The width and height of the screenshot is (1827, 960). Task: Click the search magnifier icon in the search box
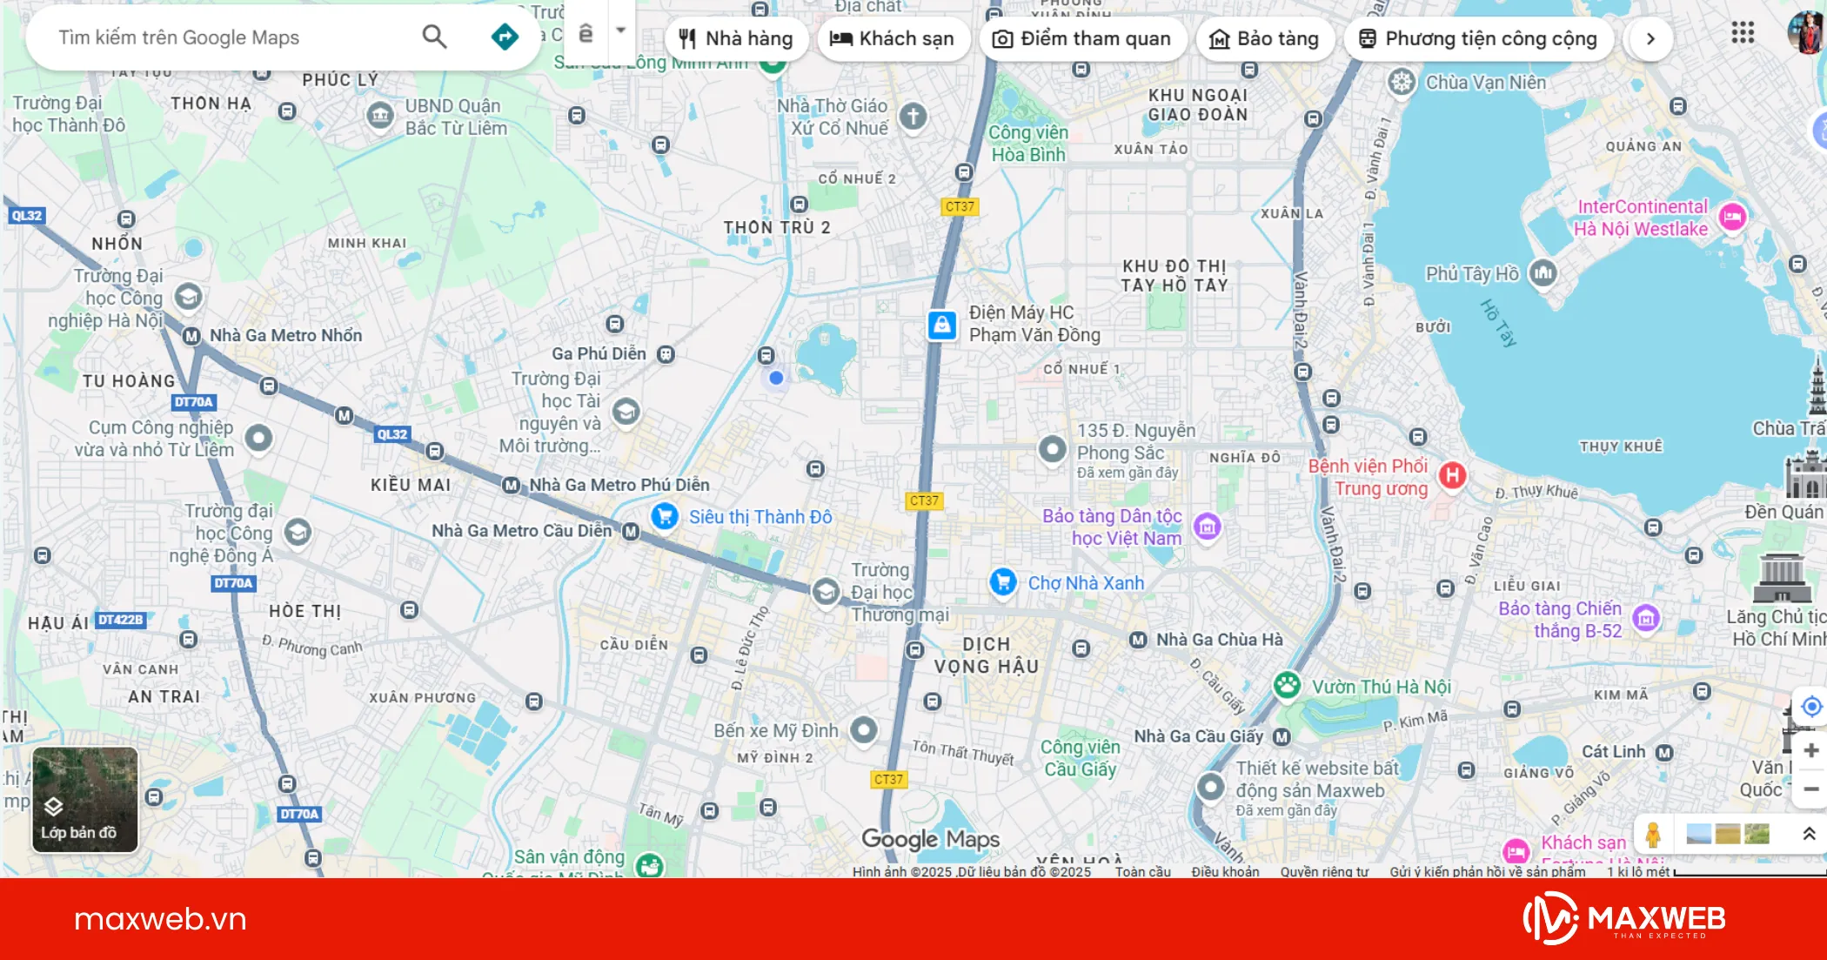click(434, 37)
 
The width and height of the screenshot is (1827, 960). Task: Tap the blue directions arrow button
click(505, 37)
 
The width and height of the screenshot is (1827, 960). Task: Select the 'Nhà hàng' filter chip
click(736, 38)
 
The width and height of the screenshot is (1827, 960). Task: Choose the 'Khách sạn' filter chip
click(893, 38)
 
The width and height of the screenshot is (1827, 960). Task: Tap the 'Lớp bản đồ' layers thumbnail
click(84, 799)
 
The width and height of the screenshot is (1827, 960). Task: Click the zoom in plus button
click(1810, 750)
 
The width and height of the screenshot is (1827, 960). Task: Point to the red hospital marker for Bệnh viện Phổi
click(1452, 475)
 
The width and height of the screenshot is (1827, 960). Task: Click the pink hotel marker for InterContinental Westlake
click(1732, 217)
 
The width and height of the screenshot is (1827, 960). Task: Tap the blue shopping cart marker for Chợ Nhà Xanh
click(1003, 581)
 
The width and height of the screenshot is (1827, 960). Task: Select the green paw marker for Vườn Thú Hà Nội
click(1287, 686)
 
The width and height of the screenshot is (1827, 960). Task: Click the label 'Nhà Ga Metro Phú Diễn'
click(619, 485)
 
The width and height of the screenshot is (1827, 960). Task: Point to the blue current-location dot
click(776, 378)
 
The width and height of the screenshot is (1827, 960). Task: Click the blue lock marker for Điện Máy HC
click(941, 325)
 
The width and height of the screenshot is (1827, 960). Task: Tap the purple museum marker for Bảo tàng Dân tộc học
click(1207, 527)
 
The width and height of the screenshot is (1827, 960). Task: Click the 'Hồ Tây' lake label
click(1498, 322)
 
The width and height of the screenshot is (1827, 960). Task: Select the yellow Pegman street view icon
click(1653, 835)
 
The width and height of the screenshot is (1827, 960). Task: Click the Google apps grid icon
click(1743, 33)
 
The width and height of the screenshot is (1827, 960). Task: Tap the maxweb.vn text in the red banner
click(160, 919)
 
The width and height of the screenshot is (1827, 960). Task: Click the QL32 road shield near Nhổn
click(26, 216)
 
